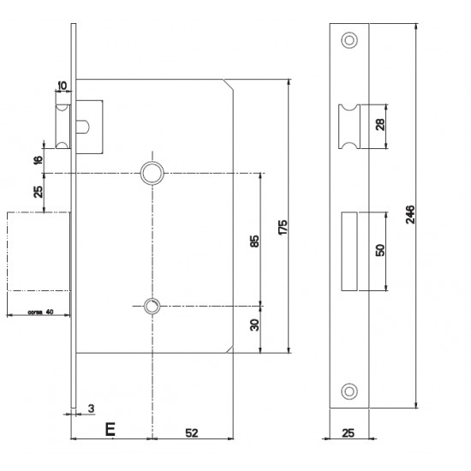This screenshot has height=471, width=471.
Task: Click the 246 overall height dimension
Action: point(410,214)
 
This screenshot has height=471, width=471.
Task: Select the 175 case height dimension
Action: point(283,228)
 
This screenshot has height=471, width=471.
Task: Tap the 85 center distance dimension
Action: point(254,241)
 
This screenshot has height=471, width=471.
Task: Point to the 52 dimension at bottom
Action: point(192,432)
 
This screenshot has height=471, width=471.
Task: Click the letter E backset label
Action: point(110,429)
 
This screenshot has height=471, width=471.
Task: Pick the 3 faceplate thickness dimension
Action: point(91,408)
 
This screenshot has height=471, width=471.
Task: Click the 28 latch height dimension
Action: point(380,125)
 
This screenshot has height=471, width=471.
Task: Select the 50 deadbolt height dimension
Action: point(380,250)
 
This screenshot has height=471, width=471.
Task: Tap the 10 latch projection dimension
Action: point(63,86)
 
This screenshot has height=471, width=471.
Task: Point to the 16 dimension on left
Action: point(39,160)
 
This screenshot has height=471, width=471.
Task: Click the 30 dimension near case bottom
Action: point(254,325)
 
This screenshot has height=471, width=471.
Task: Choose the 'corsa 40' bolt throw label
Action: point(40,312)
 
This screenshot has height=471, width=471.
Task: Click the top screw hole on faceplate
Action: point(349,40)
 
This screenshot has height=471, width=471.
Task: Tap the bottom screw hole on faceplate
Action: point(349,391)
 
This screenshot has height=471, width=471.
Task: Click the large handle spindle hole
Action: point(152,173)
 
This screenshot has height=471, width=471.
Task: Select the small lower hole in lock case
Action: point(152,306)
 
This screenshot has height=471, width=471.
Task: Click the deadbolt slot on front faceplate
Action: point(349,252)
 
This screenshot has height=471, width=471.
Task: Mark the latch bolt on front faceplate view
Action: point(349,127)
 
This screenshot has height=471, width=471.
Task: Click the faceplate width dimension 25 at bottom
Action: point(349,432)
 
